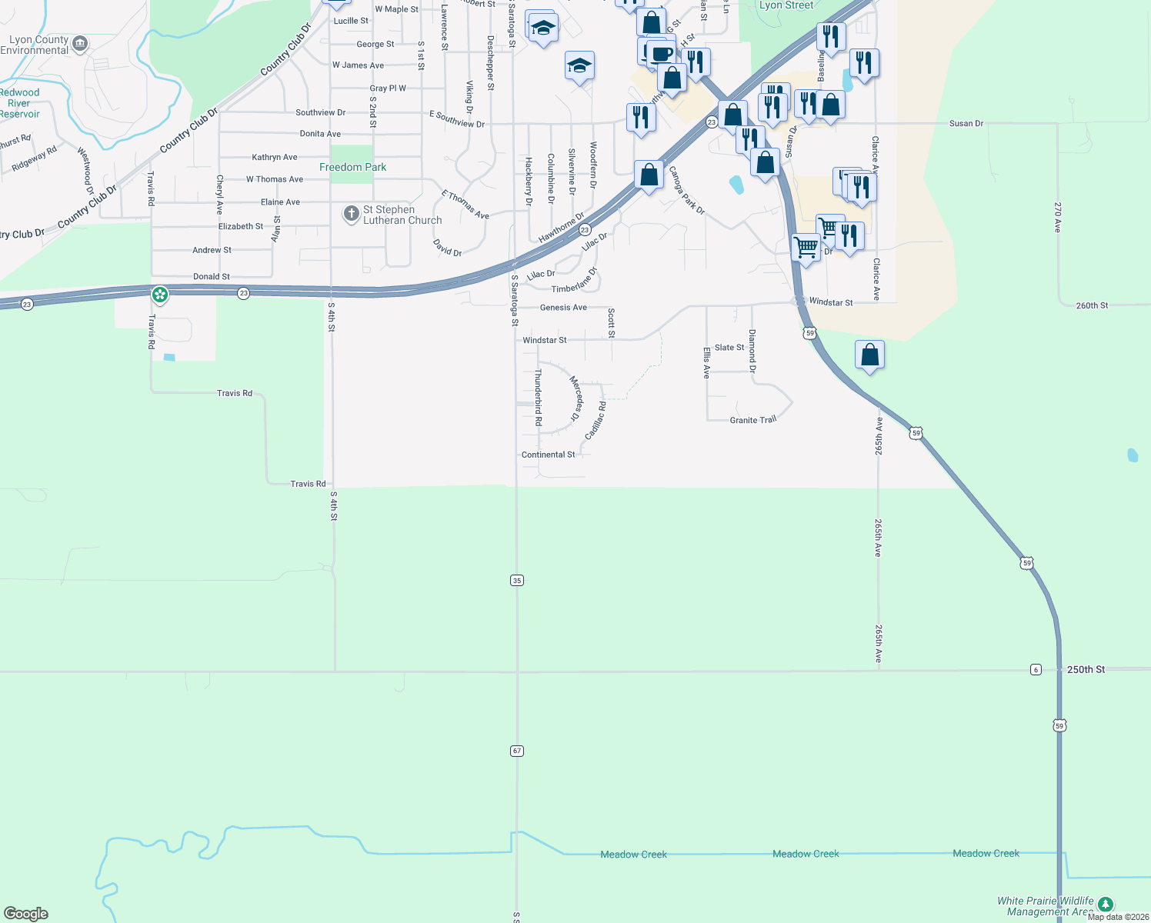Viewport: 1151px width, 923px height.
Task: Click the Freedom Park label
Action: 352,167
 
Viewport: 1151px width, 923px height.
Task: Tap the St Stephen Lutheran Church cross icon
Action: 352,214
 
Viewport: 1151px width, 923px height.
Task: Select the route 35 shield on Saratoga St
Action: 517,580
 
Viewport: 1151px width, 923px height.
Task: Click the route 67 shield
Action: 517,751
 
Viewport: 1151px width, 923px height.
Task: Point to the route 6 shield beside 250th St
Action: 1036,670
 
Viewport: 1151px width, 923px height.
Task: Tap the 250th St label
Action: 1086,670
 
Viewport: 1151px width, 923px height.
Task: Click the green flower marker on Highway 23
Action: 160,294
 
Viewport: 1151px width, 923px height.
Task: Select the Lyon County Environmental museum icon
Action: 79,44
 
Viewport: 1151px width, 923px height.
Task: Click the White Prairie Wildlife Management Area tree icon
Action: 1105,905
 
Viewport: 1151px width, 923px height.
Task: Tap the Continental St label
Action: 548,455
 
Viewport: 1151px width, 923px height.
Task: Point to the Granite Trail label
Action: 752,420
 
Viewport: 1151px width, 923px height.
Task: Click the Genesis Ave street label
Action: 563,308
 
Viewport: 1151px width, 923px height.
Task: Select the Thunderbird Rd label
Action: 539,397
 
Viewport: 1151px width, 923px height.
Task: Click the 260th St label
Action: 1092,305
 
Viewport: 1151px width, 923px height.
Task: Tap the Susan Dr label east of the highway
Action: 966,123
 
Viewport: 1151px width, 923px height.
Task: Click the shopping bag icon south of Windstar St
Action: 869,355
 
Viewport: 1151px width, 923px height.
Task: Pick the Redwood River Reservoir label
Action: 19,103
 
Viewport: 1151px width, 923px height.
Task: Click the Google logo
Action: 26,914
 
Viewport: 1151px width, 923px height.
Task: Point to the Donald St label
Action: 212,276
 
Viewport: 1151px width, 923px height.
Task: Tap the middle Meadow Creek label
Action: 806,854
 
